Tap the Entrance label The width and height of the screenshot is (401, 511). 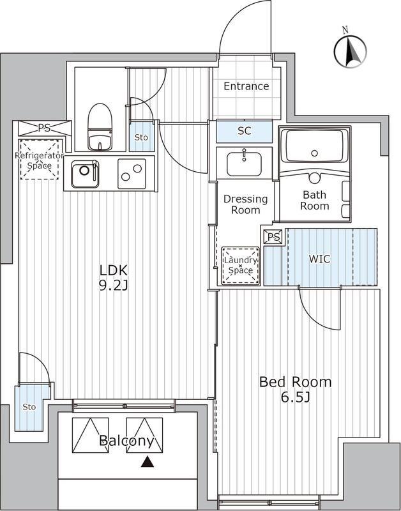(x=246, y=86)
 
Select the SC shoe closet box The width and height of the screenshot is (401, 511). (x=244, y=131)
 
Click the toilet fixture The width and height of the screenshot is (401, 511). (x=100, y=126)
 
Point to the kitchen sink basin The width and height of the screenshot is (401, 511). (x=85, y=174)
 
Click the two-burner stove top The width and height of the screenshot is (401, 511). (x=132, y=174)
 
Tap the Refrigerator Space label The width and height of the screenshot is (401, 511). (x=39, y=161)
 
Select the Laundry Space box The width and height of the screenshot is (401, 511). (x=240, y=266)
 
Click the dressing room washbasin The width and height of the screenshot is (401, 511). (x=244, y=164)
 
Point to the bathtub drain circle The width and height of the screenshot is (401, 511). (x=314, y=153)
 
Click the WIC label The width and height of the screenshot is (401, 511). (x=319, y=259)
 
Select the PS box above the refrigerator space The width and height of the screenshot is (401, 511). (x=45, y=128)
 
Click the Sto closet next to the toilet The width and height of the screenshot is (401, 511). (x=142, y=137)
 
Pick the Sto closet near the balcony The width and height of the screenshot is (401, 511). (x=29, y=408)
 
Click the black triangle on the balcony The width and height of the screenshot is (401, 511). (x=148, y=462)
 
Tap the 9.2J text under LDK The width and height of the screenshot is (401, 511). (x=113, y=286)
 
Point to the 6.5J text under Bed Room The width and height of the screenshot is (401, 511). (x=295, y=397)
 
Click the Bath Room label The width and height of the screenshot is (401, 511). (x=315, y=200)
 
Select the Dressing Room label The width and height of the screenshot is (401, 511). (x=246, y=204)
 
